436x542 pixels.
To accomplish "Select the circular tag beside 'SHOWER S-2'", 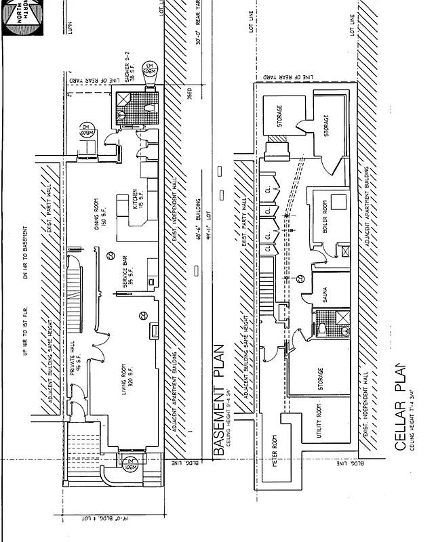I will click(x=150, y=71).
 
